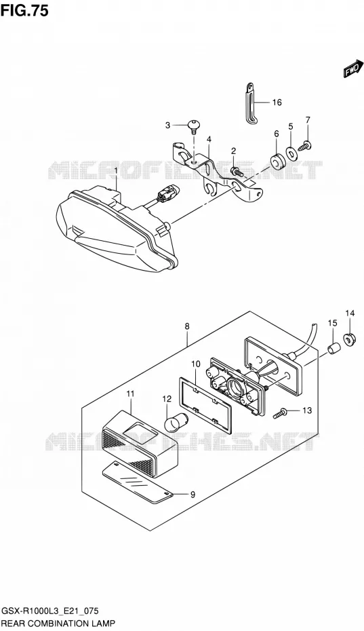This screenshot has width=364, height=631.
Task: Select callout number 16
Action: (277, 102)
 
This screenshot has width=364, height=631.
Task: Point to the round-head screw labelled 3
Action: (195, 127)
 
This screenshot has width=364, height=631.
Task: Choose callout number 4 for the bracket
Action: (209, 140)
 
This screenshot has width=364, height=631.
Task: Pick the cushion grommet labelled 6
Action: (277, 159)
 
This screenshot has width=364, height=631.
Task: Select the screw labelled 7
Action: (305, 145)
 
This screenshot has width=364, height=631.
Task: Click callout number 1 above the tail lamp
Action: (116, 171)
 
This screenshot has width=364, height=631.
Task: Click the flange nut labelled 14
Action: (349, 341)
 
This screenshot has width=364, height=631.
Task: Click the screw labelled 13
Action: (280, 413)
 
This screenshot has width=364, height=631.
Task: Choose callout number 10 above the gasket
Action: (196, 364)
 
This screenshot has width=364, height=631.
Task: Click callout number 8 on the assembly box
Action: (188, 327)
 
